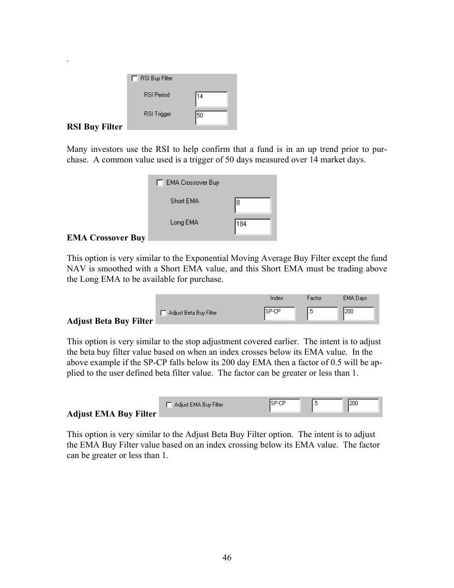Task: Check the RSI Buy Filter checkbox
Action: [135, 79]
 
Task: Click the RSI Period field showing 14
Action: [211, 99]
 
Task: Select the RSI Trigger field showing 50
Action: [211, 118]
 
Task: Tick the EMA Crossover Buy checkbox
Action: [160, 183]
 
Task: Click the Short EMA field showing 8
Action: [252, 205]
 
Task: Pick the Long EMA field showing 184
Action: [252, 226]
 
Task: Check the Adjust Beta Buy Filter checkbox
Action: [163, 313]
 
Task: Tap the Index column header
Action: [276, 298]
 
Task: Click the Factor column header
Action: [314, 298]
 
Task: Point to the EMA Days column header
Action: [355, 298]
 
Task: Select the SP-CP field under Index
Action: [279, 313]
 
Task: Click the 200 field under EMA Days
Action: [358, 313]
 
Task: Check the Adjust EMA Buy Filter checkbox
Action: [169, 405]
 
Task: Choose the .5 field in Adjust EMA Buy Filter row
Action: [327, 405]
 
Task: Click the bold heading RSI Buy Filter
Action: [95, 127]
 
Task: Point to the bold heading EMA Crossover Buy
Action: [106, 238]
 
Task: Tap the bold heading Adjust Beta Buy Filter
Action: [110, 321]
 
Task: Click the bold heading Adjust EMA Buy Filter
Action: [111, 414]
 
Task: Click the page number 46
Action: [227, 558]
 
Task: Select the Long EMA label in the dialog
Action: [184, 222]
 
